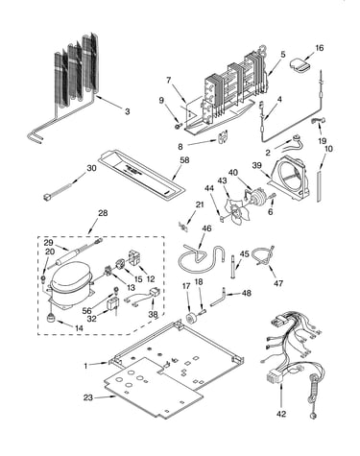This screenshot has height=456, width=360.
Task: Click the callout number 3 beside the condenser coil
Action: click(x=128, y=111)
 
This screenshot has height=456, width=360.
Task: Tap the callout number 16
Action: click(x=320, y=48)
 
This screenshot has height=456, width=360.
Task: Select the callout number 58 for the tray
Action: click(x=184, y=160)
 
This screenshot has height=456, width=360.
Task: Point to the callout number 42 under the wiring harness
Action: click(x=281, y=414)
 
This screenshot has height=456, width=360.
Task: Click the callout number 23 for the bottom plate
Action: click(x=88, y=397)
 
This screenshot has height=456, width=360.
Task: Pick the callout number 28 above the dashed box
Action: click(x=103, y=213)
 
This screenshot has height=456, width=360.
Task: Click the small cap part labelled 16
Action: click(x=300, y=64)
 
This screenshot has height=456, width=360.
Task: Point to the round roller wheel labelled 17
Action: click(x=192, y=319)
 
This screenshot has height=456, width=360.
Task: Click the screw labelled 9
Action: click(x=179, y=126)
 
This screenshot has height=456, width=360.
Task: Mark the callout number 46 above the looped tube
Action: click(x=207, y=228)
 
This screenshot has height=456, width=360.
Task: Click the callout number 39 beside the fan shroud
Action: click(x=257, y=165)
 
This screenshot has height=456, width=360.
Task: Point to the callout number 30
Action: click(x=91, y=168)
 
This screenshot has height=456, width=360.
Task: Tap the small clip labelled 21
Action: click(x=183, y=227)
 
